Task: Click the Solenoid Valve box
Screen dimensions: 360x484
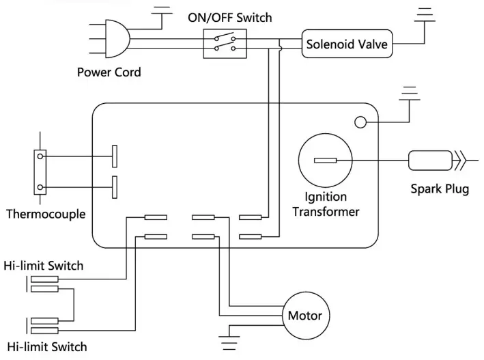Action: point(347,46)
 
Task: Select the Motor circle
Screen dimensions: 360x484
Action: point(304,316)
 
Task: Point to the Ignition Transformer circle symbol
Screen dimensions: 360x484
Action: point(326,161)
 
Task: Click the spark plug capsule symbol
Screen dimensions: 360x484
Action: point(429,161)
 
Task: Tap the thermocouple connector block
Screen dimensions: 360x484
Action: point(42,172)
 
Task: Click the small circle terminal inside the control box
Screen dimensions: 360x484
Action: point(360,122)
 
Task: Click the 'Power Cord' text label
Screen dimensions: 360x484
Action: point(109,72)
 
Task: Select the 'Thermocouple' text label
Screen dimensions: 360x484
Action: point(46,214)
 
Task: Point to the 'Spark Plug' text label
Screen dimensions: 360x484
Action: point(440,189)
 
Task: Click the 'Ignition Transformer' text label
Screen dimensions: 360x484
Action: point(326,205)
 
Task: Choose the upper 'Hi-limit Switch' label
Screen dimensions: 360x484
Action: point(43,265)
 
